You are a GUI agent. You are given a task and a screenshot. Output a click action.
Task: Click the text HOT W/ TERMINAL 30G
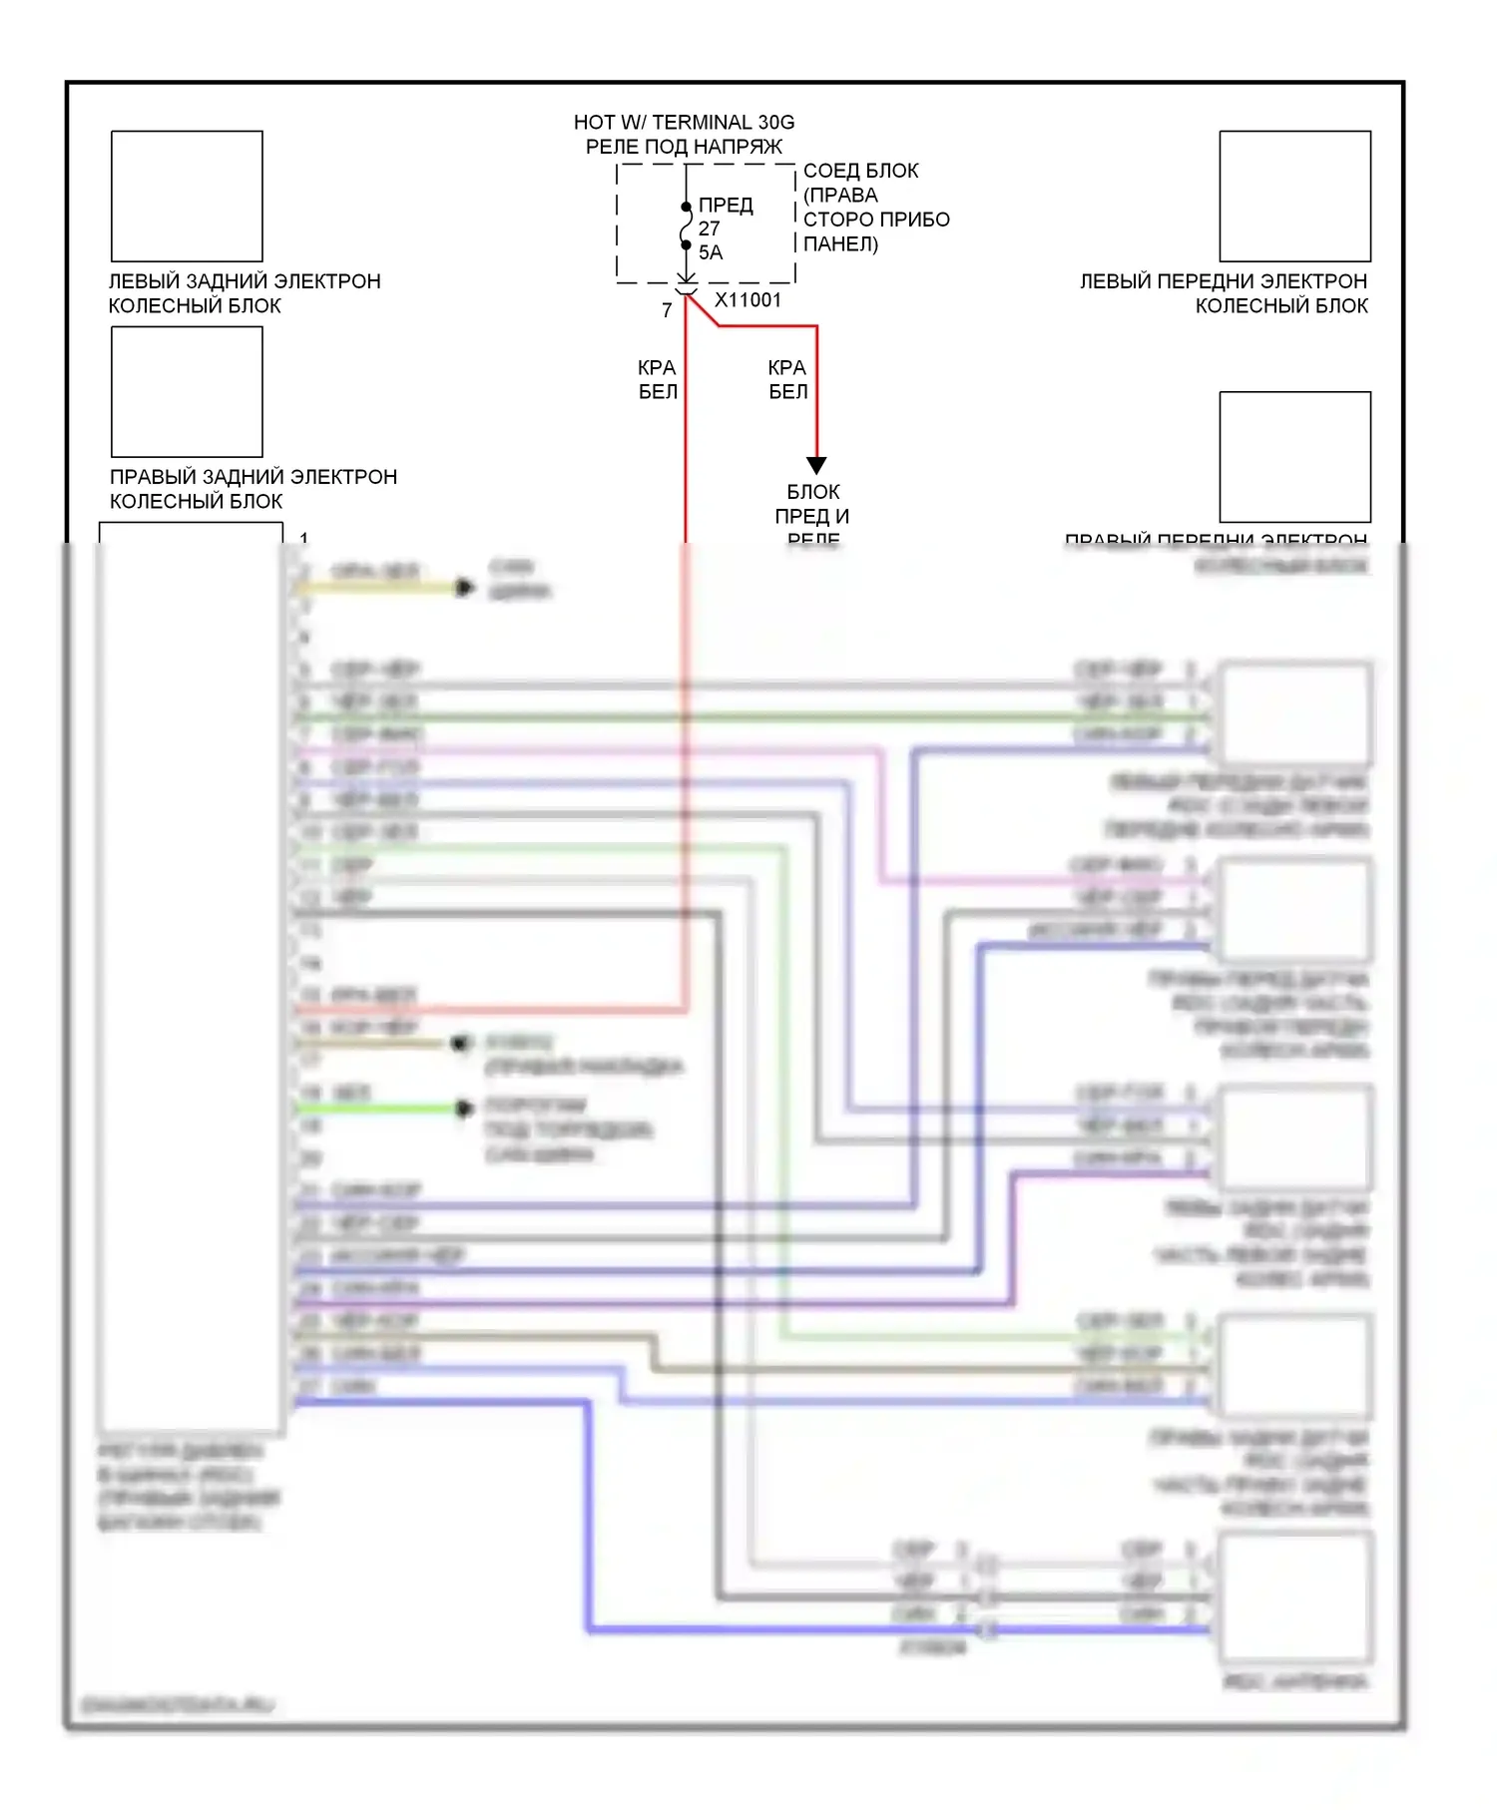pos(684,122)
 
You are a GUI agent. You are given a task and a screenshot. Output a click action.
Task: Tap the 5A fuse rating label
pos(711,252)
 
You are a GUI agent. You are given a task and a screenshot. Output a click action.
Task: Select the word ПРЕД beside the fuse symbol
pos(726,205)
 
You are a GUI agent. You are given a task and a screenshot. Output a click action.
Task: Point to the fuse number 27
pos(709,228)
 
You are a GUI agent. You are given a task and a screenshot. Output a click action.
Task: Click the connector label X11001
pos(748,299)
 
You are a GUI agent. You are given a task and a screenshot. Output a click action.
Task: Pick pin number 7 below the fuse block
pos(667,310)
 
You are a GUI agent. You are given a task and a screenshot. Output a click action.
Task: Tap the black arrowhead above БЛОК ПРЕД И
pos(816,465)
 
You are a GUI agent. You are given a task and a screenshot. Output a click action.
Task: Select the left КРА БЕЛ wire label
pos(658,380)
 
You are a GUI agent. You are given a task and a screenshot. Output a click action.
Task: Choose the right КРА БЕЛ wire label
pos(787,380)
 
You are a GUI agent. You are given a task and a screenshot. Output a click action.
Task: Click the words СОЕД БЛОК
pos(860,171)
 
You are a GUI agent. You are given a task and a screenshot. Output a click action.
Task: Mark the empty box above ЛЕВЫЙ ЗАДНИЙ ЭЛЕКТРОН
pos(187,196)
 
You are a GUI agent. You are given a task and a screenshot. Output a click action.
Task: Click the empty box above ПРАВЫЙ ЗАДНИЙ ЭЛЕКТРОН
pos(187,391)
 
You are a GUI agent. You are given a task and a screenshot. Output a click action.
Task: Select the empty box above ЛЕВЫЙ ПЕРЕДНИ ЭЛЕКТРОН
pos(1294,196)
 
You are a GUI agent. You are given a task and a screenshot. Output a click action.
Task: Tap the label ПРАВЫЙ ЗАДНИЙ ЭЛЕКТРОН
pos(253,477)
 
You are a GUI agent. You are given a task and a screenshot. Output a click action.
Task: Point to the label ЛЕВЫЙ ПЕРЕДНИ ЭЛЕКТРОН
pos(1223,281)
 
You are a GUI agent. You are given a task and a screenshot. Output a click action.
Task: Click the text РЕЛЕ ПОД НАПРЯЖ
pos(684,147)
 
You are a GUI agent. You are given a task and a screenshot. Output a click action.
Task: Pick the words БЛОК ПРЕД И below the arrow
pos(812,504)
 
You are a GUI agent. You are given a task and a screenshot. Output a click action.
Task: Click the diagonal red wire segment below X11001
pos(703,310)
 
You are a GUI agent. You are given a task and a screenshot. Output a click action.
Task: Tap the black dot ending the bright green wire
pos(463,1109)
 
